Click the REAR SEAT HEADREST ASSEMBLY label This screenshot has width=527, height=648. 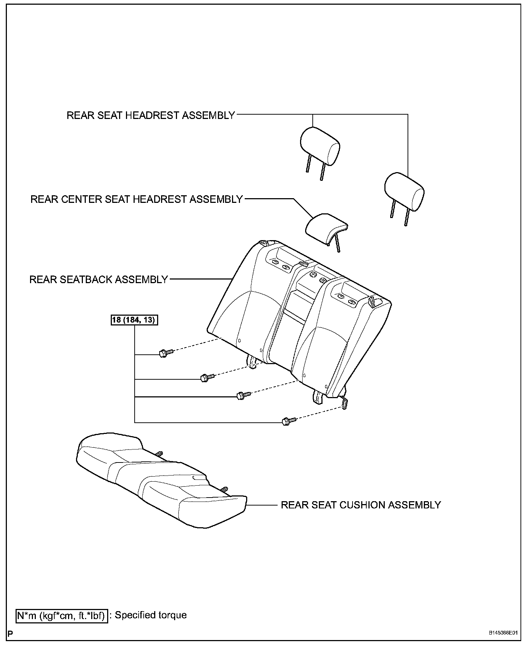(x=151, y=115)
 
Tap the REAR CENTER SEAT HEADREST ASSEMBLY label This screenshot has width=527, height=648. (x=136, y=199)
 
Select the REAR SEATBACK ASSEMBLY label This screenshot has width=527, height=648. (x=98, y=280)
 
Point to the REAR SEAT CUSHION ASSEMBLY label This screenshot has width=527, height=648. (x=361, y=505)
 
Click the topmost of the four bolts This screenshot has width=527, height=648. (x=165, y=353)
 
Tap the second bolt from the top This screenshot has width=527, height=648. (x=206, y=378)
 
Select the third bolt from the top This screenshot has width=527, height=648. (x=242, y=395)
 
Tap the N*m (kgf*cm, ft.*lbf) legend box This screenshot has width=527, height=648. (x=62, y=615)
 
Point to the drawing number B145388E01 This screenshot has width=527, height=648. (x=503, y=643)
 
